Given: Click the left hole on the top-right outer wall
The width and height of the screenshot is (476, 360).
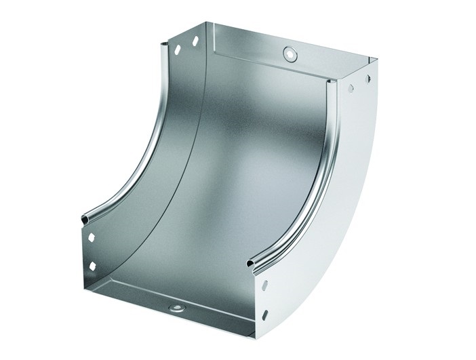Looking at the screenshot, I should pos(352,89).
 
